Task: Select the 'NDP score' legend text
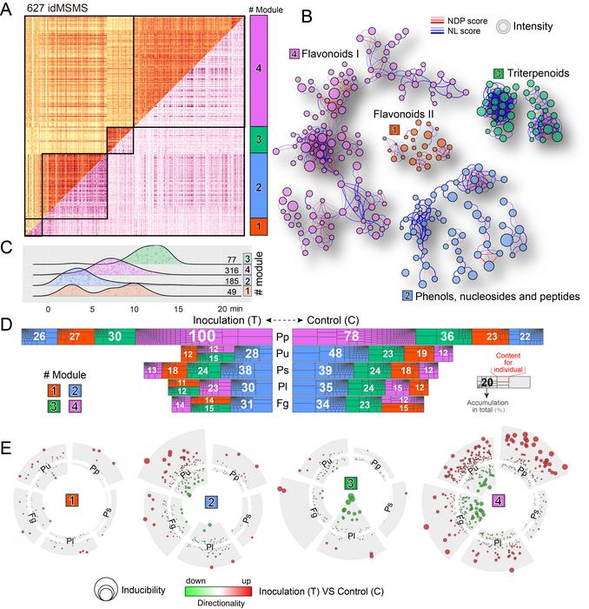coord(482,17)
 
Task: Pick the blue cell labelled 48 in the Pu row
coord(310,354)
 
